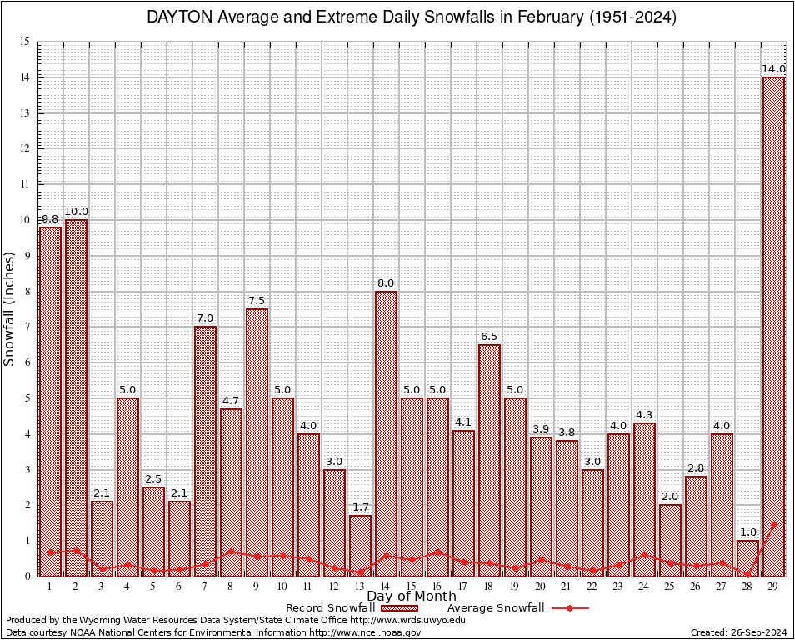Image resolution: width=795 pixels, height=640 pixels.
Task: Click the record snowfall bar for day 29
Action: (x=773, y=325)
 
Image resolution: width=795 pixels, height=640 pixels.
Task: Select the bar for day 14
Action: (x=386, y=433)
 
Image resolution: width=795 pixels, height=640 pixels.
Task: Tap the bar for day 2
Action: (x=76, y=397)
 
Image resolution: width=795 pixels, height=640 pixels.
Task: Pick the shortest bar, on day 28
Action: (x=747, y=558)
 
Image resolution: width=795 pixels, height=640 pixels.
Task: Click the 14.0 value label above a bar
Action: (x=773, y=68)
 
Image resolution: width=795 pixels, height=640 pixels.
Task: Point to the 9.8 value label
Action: (x=50, y=218)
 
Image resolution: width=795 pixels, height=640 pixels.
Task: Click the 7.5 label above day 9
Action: (x=257, y=300)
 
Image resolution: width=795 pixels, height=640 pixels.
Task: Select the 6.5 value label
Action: (x=489, y=336)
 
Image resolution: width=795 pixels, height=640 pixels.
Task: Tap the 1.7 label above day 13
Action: (x=360, y=507)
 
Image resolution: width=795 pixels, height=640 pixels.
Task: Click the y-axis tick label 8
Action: (x=27, y=292)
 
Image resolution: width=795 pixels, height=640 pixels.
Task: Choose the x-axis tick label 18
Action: (x=489, y=587)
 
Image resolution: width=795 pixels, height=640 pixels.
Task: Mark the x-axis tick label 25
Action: (x=670, y=587)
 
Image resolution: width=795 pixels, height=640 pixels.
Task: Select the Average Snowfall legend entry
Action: (x=517, y=607)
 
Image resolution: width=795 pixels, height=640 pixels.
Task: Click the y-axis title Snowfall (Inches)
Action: (x=9, y=308)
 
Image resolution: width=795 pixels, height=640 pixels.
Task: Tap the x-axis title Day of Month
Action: (x=411, y=597)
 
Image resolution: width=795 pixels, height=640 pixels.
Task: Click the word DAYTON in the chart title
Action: (x=178, y=17)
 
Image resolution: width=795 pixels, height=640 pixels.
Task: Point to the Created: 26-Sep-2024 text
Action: (x=738, y=632)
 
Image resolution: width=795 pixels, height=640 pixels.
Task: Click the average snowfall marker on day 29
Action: (x=773, y=525)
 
